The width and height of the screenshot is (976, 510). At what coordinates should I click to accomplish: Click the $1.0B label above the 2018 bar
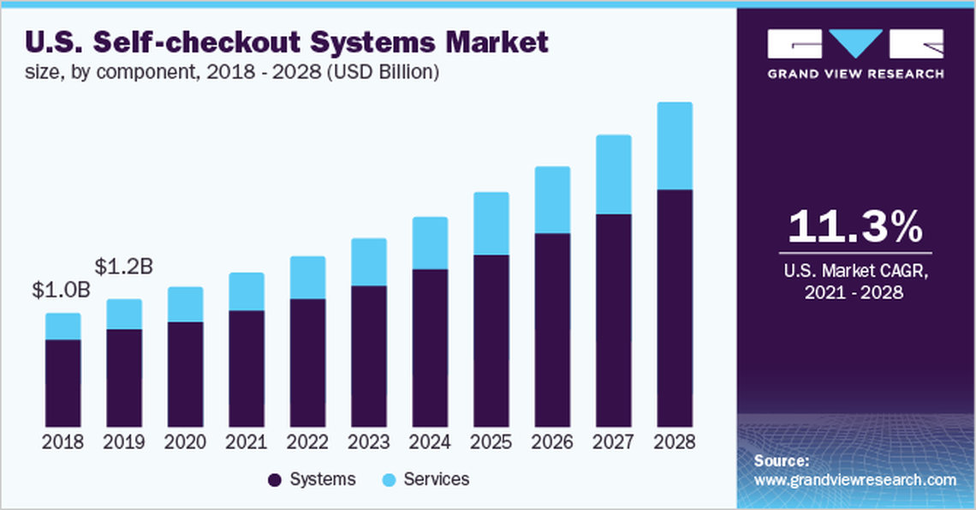61,291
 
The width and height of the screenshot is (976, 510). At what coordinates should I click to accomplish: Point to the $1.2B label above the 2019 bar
124,267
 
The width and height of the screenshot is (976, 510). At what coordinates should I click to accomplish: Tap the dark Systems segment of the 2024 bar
430,347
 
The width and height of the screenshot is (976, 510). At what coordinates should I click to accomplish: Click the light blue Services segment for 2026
552,200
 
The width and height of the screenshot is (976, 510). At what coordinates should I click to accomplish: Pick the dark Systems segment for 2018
62,382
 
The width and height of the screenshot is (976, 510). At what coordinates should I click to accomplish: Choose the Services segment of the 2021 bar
247,291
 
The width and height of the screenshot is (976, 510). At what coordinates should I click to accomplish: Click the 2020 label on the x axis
185,443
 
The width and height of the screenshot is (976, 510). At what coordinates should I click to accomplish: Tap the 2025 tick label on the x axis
491,443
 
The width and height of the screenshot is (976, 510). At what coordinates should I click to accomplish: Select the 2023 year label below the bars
368,443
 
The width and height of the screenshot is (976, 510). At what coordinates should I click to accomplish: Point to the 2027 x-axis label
613,443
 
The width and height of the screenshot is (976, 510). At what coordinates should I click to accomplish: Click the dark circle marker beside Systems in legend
275,480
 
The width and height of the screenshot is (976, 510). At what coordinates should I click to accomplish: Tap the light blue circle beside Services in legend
389,480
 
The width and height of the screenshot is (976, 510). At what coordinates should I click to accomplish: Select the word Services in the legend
437,480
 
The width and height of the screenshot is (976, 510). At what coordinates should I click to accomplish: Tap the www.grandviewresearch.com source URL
855,480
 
